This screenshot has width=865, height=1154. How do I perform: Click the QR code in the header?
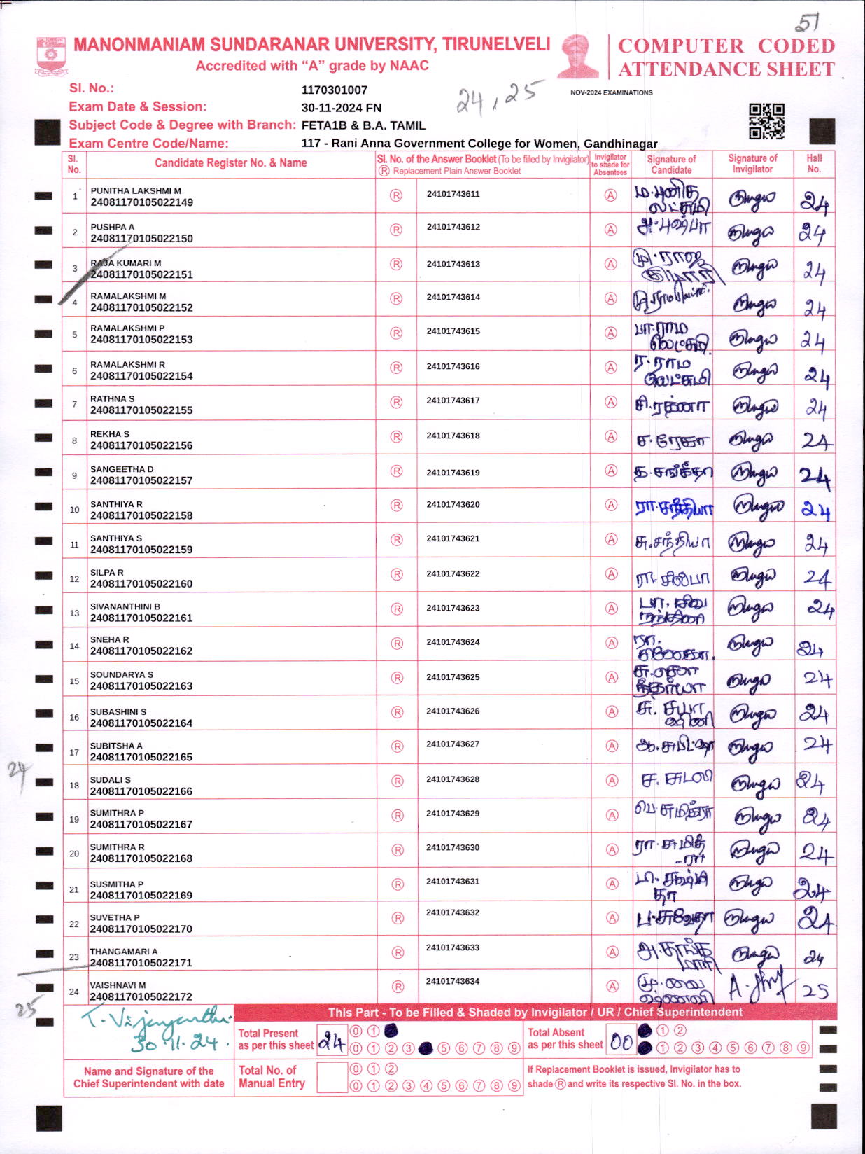(766, 121)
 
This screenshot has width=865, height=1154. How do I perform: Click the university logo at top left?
(51, 56)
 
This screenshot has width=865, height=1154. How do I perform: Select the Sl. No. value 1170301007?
(334, 90)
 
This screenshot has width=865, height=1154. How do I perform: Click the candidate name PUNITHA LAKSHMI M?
(136, 190)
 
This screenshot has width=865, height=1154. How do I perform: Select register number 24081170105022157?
(141, 480)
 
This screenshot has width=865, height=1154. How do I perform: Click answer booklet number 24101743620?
(453, 504)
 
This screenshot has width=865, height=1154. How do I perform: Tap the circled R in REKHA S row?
(396, 437)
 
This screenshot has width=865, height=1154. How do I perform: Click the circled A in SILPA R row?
(612, 574)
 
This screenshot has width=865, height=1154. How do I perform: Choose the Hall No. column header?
(814, 163)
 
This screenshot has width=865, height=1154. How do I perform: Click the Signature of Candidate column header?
(671, 165)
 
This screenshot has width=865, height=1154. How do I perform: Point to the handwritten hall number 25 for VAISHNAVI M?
(815, 991)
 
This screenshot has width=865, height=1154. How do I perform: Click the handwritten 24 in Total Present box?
(332, 1043)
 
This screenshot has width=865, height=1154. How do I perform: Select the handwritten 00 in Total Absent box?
(621, 1042)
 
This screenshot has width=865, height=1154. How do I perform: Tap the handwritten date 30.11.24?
(175, 1043)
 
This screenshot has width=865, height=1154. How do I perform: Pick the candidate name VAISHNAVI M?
(118, 985)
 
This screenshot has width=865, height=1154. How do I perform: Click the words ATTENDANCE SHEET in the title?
(726, 69)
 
